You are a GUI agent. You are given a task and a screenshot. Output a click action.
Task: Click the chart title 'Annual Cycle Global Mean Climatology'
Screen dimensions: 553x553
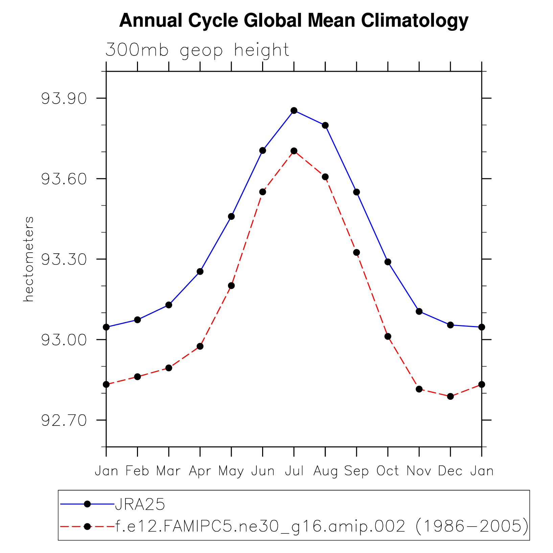(x=294, y=21)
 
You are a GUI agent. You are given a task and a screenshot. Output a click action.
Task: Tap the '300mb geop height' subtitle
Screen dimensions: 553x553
(x=197, y=50)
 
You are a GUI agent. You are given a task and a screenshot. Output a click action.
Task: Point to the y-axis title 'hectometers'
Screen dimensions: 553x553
(x=29, y=259)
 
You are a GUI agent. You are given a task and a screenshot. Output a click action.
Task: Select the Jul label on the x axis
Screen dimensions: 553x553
(x=294, y=471)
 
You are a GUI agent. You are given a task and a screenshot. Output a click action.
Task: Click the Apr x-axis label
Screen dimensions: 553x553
(x=200, y=471)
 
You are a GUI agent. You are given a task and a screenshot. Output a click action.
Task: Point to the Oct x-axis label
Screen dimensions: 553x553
(x=388, y=471)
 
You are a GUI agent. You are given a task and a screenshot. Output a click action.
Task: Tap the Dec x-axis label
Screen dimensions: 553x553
(x=450, y=471)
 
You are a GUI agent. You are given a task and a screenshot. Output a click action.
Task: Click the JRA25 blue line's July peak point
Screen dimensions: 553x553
(x=294, y=111)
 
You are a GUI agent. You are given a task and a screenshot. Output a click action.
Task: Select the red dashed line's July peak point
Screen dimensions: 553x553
(x=294, y=151)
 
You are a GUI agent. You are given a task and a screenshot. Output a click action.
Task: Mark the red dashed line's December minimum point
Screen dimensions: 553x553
(x=450, y=396)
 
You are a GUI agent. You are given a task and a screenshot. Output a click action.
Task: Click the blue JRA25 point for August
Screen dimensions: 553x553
(x=325, y=125)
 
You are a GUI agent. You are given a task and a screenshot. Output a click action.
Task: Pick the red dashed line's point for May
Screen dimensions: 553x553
(x=231, y=286)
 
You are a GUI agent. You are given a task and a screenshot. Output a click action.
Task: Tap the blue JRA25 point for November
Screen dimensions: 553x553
(x=419, y=312)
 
